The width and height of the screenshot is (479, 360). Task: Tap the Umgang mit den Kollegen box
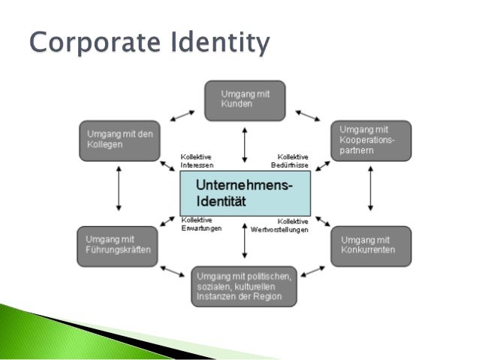pos(119,141)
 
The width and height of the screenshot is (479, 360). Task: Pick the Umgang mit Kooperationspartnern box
pos(371,141)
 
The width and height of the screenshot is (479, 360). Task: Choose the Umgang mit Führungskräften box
pos(119,246)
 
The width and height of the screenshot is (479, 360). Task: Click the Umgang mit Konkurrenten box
pos(371,246)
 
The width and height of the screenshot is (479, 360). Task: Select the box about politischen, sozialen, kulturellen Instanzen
pos(245,286)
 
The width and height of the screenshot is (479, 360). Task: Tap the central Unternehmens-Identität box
pos(245,193)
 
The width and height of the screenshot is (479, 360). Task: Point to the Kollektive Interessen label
pos(197,161)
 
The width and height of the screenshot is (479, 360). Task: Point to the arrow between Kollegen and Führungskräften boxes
pos(119,193)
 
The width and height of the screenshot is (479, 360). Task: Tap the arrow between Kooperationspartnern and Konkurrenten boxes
pos(371,193)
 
